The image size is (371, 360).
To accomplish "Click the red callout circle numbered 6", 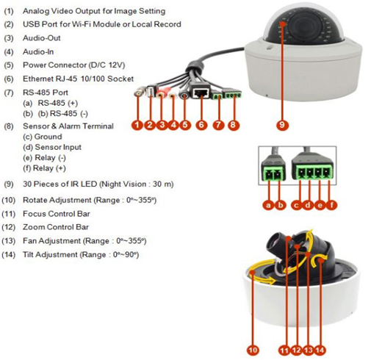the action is [x=201, y=125].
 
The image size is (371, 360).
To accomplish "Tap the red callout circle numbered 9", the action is [x=282, y=125].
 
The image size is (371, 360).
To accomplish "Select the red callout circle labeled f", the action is [x=331, y=205].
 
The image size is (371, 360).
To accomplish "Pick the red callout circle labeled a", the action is [x=269, y=205].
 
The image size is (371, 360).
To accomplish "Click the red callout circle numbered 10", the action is [x=253, y=350].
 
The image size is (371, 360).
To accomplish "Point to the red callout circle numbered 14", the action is [x=320, y=350].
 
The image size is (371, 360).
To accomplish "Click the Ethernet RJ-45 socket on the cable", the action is [x=201, y=92].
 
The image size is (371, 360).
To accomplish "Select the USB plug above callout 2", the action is [x=151, y=90].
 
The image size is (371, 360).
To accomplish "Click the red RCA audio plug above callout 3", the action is [x=162, y=93].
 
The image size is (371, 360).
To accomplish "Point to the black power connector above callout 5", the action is [x=184, y=94].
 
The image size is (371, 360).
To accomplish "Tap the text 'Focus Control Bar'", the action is [x=57, y=214].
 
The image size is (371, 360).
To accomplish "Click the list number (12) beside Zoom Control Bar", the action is [x=9, y=227].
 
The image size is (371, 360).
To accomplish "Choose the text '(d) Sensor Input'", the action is [x=52, y=147].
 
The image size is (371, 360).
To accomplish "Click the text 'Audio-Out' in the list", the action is [x=42, y=38].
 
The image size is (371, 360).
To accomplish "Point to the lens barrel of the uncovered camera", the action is [x=276, y=242].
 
